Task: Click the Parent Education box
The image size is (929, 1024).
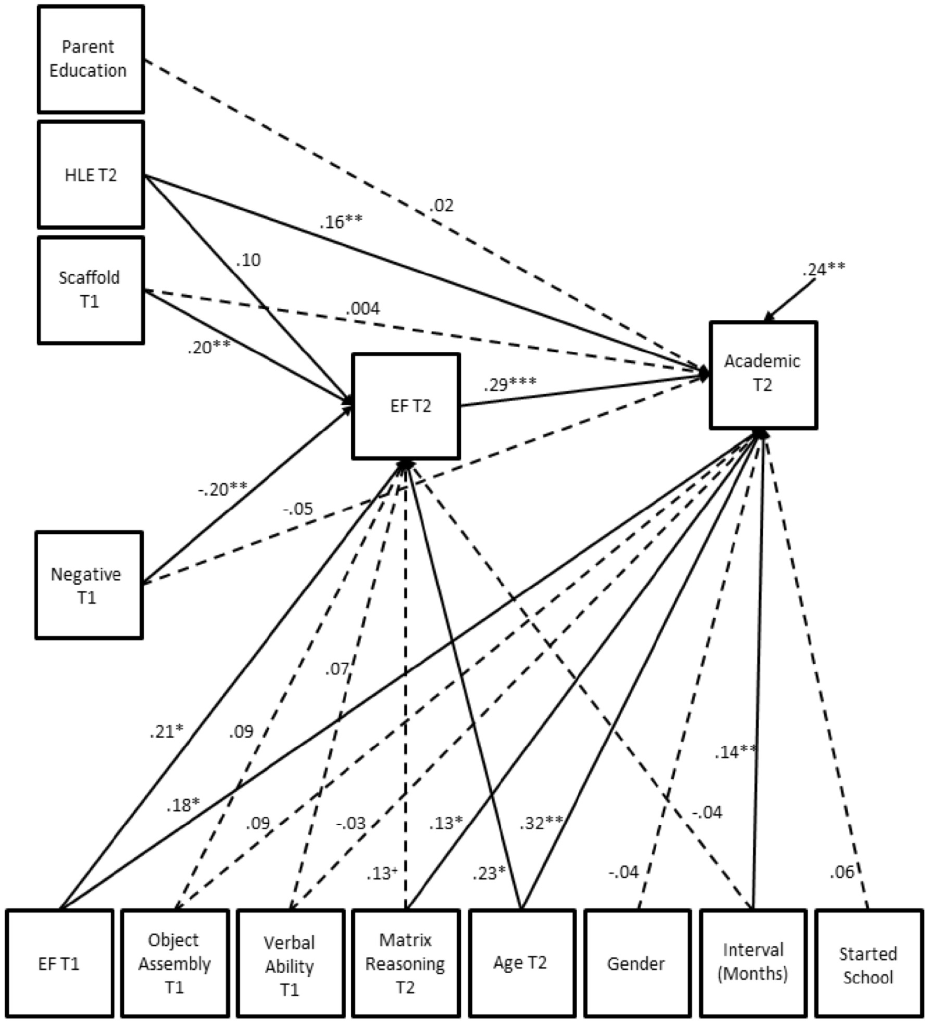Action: tap(90, 59)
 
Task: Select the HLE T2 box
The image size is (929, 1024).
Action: tap(90, 175)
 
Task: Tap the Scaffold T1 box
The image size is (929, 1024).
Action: tap(90, 290)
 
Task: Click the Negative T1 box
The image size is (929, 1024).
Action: tap(89, 585)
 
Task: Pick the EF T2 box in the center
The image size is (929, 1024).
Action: tap(406, 406)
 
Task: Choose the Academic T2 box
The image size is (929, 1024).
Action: tap(763, 375)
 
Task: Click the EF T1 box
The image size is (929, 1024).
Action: tap(59, 964)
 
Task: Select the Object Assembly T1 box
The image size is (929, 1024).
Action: tap(175, 964)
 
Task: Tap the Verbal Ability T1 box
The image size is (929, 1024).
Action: tap(290, 964)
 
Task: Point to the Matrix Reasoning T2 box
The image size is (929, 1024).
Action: tap(406, 964)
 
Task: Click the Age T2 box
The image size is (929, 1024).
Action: tap(521, 964)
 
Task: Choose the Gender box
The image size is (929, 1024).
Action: tap(636, 964)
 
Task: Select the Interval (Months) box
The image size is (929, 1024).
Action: tap(752, 964)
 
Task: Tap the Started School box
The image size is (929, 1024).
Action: tap(868, 964)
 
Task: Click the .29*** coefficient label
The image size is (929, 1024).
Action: tap(510, 384)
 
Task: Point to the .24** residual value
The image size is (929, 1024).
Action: tap(823, 270)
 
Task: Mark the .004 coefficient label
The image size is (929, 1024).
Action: tap(363, 308)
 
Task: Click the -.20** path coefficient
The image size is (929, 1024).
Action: tap(222, 489)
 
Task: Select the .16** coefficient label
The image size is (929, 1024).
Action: tap(341, 222)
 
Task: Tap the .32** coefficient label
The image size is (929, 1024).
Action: tap(541, 823)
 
